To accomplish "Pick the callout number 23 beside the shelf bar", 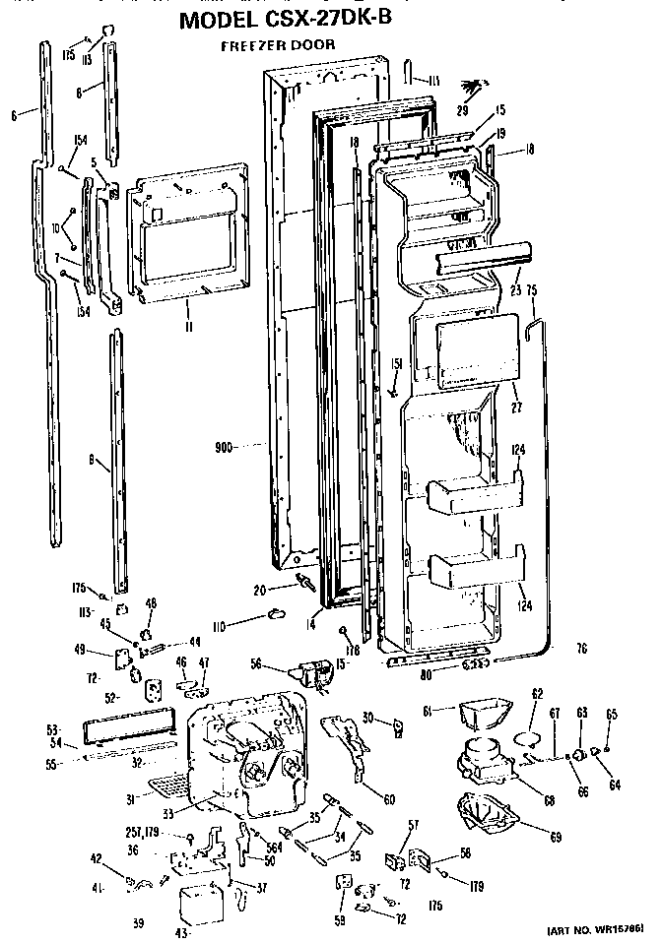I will coord(514,290).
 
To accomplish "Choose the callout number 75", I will coord(532,290).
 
